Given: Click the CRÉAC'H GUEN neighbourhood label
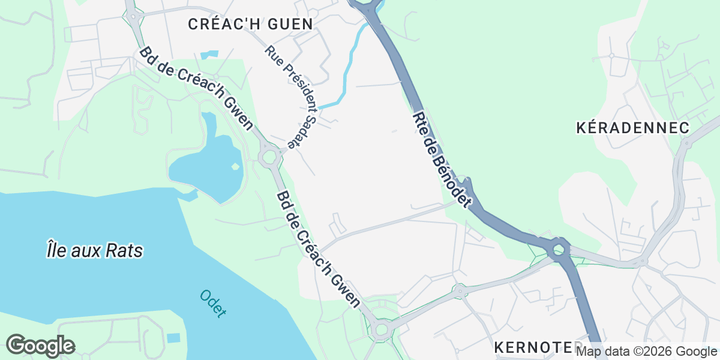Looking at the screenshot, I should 250,25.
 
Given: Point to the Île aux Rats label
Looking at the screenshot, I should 95,250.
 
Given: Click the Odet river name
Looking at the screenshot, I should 213,303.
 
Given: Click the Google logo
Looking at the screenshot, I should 40,346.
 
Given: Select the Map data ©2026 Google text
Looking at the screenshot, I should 647,352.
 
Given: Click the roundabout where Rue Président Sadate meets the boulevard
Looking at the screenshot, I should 269,158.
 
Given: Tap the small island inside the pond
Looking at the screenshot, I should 235,166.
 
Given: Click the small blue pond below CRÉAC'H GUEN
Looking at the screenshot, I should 209,55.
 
